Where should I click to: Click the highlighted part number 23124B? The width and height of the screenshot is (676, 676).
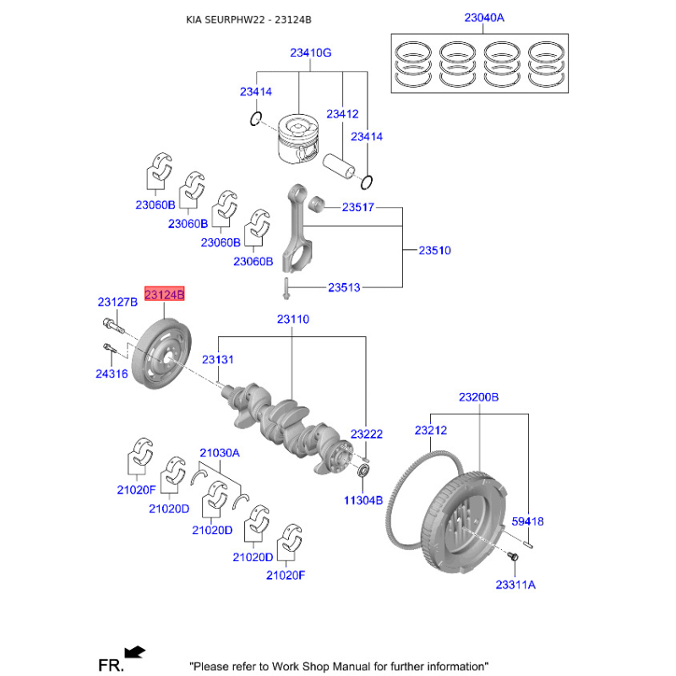[x=166, y=294]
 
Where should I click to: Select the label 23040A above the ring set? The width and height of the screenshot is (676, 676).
[x=483, y=18]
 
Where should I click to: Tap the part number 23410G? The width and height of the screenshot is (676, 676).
[x=310, y=52]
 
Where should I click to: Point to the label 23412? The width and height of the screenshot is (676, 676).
[x=342, y=113]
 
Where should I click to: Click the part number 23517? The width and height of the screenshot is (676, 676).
[x=358, y=206]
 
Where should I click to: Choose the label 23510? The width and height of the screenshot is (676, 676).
[x=435, y=250]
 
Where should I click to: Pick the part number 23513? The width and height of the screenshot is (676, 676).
[x=344, y=287]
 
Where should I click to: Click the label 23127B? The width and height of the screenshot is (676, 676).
[x=117, y=302]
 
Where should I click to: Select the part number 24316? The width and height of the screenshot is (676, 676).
[x=112, y=373]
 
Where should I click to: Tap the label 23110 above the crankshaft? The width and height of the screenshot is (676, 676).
[x=292, y=319]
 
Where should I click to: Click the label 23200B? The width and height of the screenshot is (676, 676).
[x=479, y=396]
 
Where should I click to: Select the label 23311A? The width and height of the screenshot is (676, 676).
[x=515, y=584]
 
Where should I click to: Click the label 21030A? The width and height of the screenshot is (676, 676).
[x=220, y=453]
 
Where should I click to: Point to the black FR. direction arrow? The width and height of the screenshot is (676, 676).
[x=134, y=651]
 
